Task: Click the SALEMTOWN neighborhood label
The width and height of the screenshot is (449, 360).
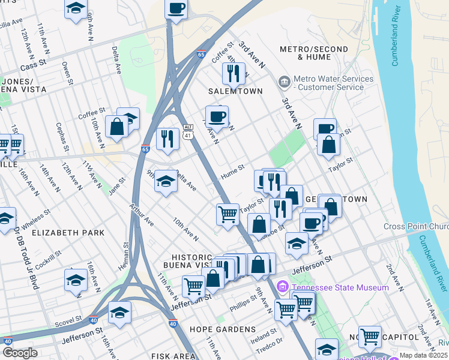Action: pyautogui.click(x=235, y=91)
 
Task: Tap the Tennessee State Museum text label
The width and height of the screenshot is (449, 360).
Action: pyautogui.click(x=340, y=288)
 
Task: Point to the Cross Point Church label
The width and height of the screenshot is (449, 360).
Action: pyautogui.click(x=416, y=227)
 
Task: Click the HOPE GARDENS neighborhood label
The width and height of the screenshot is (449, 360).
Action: pyautogui.click(x=215, y=329)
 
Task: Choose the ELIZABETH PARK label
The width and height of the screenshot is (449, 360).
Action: pyautogui.click(x=68, y=233)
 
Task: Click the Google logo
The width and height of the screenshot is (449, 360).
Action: pyautogui.click(x=20, y=353)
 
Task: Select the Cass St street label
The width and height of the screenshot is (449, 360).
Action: pyautogui.click(x=33, y=68)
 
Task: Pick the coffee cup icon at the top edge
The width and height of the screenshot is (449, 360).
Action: pyautogui.click(x=176, y=9)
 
